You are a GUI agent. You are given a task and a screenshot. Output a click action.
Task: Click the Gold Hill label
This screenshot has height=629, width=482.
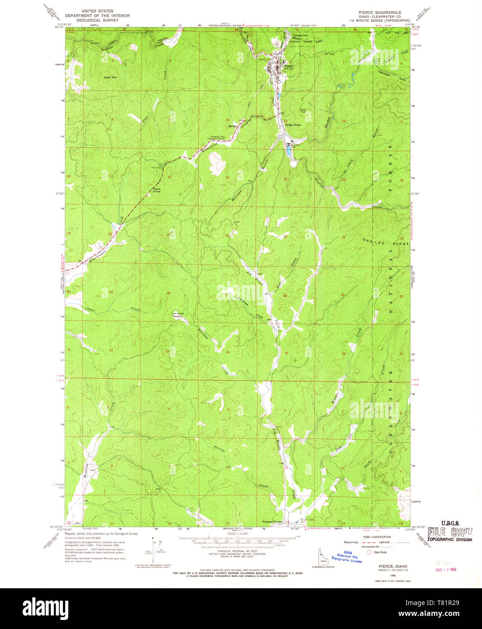(110, 77)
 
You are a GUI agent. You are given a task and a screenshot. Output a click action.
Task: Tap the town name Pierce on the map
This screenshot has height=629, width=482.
(288, 66)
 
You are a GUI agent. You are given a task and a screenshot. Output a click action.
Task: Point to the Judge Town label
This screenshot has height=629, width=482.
(293, 125)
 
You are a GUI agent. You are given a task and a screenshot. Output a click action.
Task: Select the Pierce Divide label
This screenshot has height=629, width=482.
(156, 190)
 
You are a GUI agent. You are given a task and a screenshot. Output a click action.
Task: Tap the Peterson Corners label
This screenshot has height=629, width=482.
(273, 521)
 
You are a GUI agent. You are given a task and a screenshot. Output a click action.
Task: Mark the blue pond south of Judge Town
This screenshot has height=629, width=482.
(288, 150)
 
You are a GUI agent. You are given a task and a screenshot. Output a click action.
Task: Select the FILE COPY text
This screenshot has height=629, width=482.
(450, 532)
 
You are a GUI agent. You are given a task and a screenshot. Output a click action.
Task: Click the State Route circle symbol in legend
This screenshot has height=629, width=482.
(369, 552)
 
